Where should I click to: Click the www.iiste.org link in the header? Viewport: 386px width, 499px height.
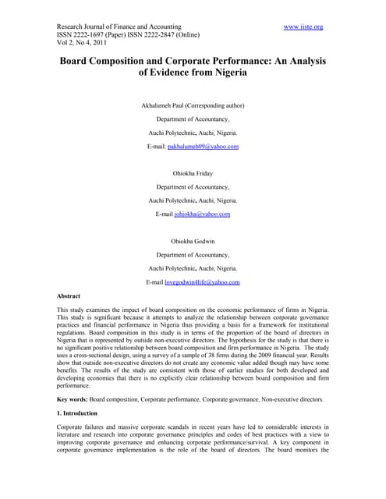(x=303, y=27)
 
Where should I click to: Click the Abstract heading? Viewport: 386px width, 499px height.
(x=74, y=296)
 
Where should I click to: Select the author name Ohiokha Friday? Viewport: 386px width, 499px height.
(x=193, y=173)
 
